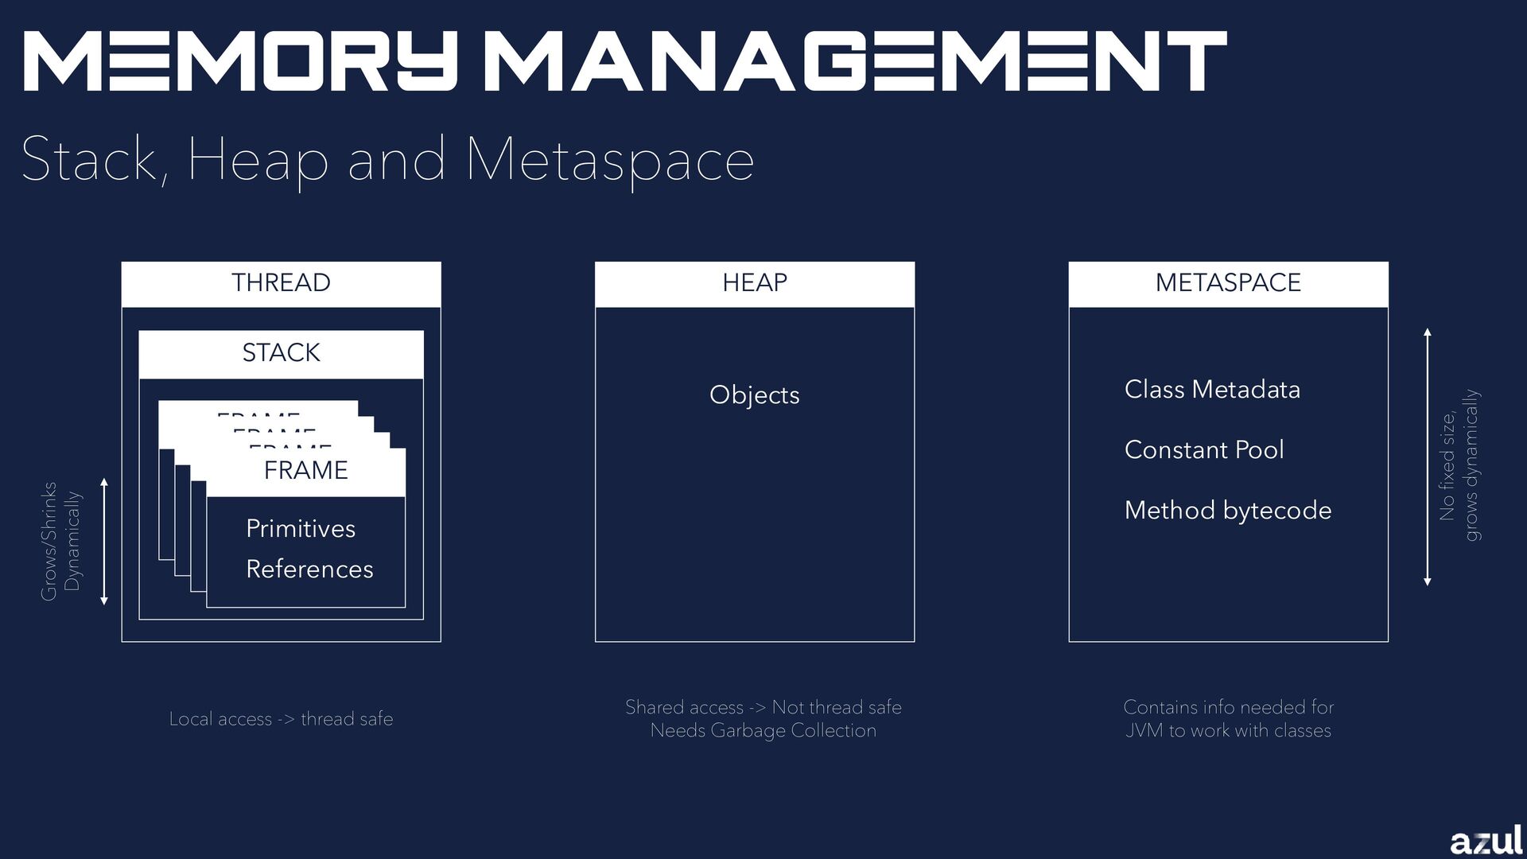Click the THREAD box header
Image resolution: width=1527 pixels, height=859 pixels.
[281, 283]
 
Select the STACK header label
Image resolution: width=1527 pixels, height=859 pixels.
[281, 352]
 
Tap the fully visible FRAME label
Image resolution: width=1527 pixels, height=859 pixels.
[306, 470]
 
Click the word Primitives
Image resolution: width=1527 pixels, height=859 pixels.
[301, 529]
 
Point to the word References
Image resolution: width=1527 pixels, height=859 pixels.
[309, 569]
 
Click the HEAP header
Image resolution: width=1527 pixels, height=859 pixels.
[754, 283]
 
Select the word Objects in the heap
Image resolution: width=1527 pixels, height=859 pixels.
[754, 395]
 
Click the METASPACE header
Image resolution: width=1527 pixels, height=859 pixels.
[1228, 283]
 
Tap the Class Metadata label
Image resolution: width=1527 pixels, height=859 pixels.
[1212, 390]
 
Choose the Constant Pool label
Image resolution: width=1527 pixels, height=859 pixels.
[1204, 450]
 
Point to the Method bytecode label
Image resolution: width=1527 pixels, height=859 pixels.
[1228, 511]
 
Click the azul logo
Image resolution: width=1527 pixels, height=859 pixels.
[1486, 840]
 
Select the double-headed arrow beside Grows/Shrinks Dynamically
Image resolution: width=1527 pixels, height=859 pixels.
[104, 541]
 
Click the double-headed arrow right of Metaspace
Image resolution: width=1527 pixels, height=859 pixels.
[1428, 457]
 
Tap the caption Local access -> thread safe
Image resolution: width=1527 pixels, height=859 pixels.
[281, 719]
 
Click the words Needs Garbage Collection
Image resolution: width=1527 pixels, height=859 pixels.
[763, 731]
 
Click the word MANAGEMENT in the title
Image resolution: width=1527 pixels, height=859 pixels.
[855, 61]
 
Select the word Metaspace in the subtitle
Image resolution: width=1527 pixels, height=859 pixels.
[609, 160]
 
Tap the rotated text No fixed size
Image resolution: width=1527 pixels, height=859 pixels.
[1447, 466]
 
